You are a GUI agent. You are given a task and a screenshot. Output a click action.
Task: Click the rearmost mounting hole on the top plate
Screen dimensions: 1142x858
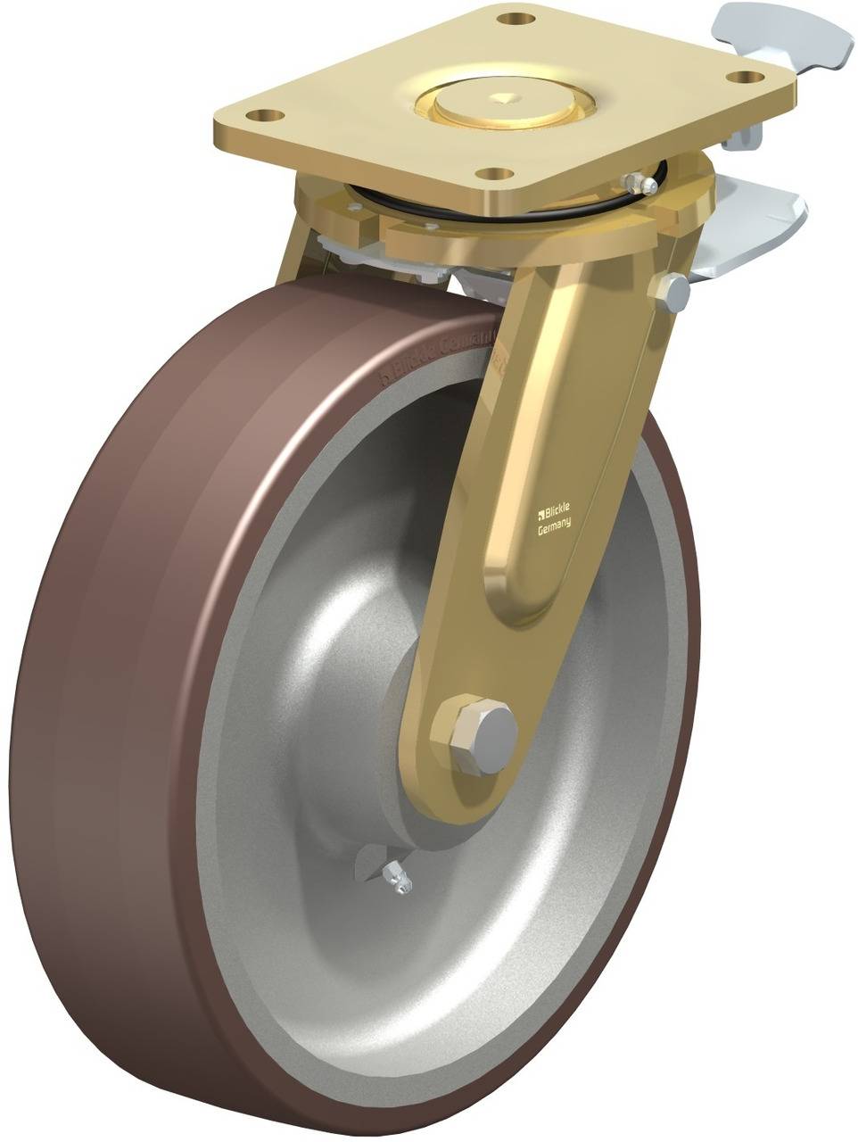point(513,18)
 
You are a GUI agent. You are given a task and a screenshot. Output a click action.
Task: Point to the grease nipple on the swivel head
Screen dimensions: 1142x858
point(635,183)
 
